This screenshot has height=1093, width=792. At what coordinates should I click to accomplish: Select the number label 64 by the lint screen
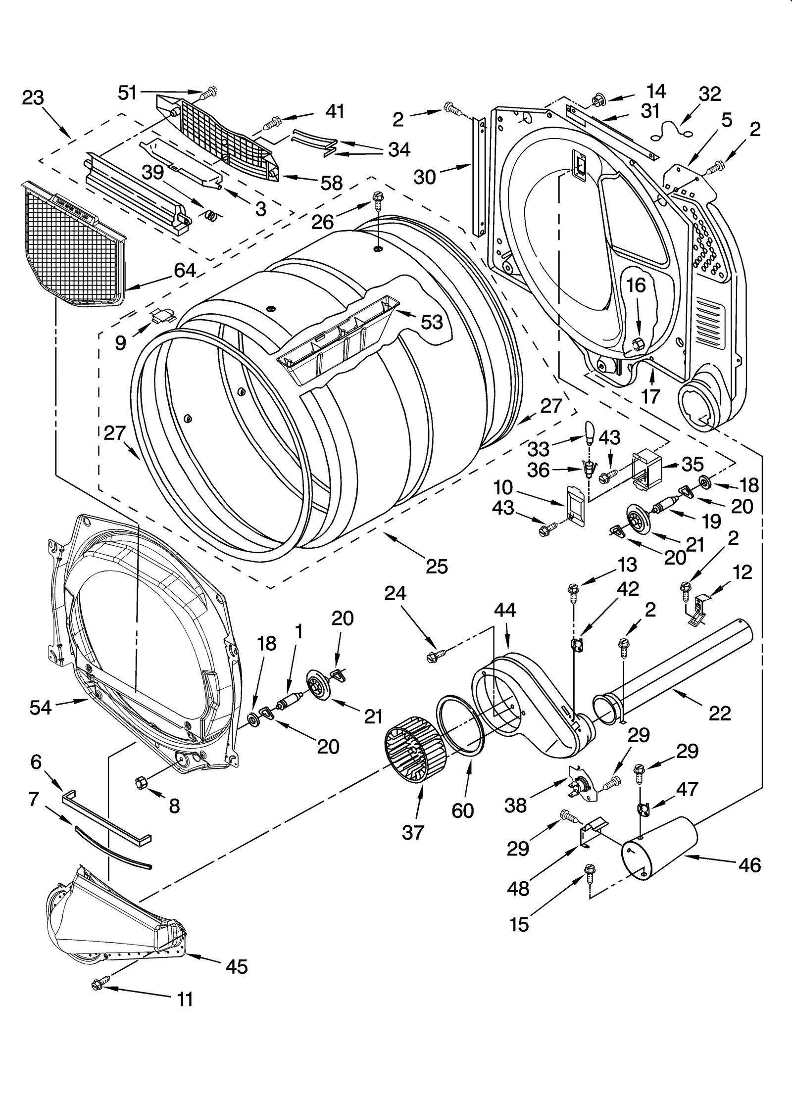(x=185, y=271)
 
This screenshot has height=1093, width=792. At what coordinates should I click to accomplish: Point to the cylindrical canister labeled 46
(x=659, y=848)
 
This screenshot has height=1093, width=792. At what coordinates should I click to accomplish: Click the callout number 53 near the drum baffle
(x=432, y=322)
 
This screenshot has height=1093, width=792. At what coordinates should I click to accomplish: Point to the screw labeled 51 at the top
(x=210, y=92)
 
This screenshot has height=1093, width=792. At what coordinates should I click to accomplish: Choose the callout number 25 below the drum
(x=437, y=566)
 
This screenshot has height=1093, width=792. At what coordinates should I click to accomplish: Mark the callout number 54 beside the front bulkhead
(x=40, y=708)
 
